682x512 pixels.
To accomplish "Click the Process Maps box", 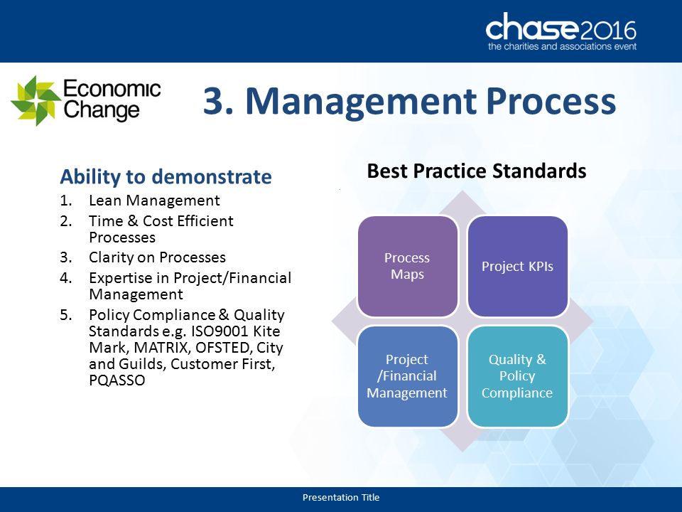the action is (408, 266).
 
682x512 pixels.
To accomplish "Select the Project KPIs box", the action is (518, 266).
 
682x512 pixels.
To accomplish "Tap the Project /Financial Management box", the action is (408, 376).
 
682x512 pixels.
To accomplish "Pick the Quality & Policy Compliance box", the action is (518, 376).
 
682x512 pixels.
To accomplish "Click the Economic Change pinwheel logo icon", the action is (36, 100).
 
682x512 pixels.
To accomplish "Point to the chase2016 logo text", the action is (561, 28).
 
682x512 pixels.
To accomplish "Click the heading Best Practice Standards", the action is (477, 171).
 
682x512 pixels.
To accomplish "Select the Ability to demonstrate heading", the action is (166, 177).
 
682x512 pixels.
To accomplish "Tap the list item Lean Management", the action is (154, 201).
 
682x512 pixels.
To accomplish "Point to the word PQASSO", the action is (117, 380).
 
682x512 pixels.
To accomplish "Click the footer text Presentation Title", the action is (341, 497).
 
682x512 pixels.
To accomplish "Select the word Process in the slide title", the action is (551, 101).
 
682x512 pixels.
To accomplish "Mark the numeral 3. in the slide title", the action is (218, 101).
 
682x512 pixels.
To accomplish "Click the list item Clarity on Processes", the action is (158, 257).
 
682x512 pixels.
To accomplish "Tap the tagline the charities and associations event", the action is (562, 47).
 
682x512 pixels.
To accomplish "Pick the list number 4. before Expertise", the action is (66, 278).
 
